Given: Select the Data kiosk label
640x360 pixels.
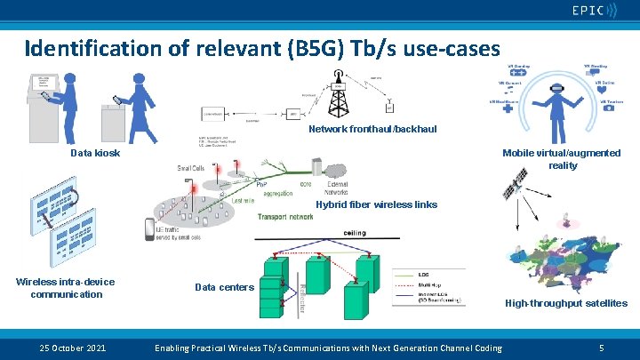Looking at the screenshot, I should click(95, 153).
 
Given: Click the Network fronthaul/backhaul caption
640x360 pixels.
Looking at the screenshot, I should click(372, 130).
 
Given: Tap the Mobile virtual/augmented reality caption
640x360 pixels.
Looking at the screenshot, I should click(562, 159).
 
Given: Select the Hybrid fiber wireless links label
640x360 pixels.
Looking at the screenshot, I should click(377, 204).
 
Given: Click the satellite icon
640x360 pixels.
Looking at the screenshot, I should click(512, 187).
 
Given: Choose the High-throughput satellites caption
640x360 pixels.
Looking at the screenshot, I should click(566, 303).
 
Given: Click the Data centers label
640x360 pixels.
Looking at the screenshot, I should click(224, 287).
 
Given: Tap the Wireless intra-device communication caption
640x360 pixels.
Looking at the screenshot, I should click(66, 288).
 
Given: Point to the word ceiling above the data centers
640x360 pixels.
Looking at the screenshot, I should click(354, 234).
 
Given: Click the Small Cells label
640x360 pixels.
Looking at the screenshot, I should click(195, 167).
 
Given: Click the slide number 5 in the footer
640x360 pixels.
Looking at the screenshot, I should click(602, 347).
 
